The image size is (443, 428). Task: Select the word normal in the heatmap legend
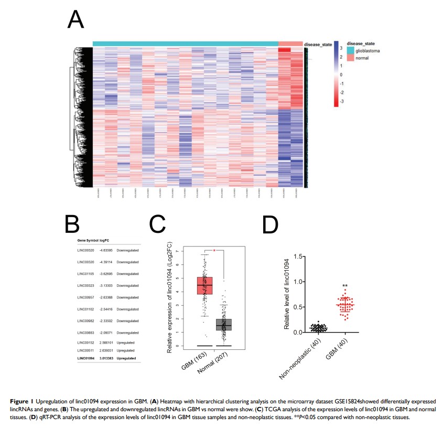pyautogui.click(x=362, y=58)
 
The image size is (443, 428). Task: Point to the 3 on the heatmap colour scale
pyautogui.click(x=341, y=48)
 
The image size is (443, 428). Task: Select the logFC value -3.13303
pyautogui.click(x=107, y=285)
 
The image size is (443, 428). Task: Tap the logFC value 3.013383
pyautogui.click(x=107, y=358)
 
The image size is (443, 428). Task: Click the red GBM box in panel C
pyautogui.click(x=204, y=285)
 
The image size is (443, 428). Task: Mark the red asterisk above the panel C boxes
pyautogui.click(x=214, y=251)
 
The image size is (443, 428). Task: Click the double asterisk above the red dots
pyautogui.click(x=345, y=286)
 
